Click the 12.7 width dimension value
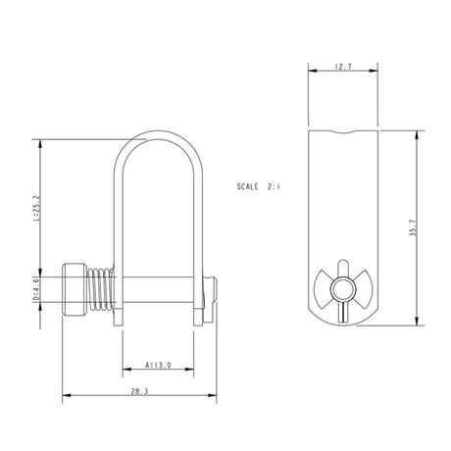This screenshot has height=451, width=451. pyautogui.click(x=342, y=68)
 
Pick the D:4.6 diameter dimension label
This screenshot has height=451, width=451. pyautogui.click(x=35, y=289)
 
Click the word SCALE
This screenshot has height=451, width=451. pyautogui.click(x=253, y=184)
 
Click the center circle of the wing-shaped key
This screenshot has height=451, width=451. pyautogui.click(x=342, y=290)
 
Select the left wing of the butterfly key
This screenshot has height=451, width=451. pyautogui.click(x=327, y=290)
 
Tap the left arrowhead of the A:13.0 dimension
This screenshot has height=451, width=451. pyautogui.click(x=125, y=371)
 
